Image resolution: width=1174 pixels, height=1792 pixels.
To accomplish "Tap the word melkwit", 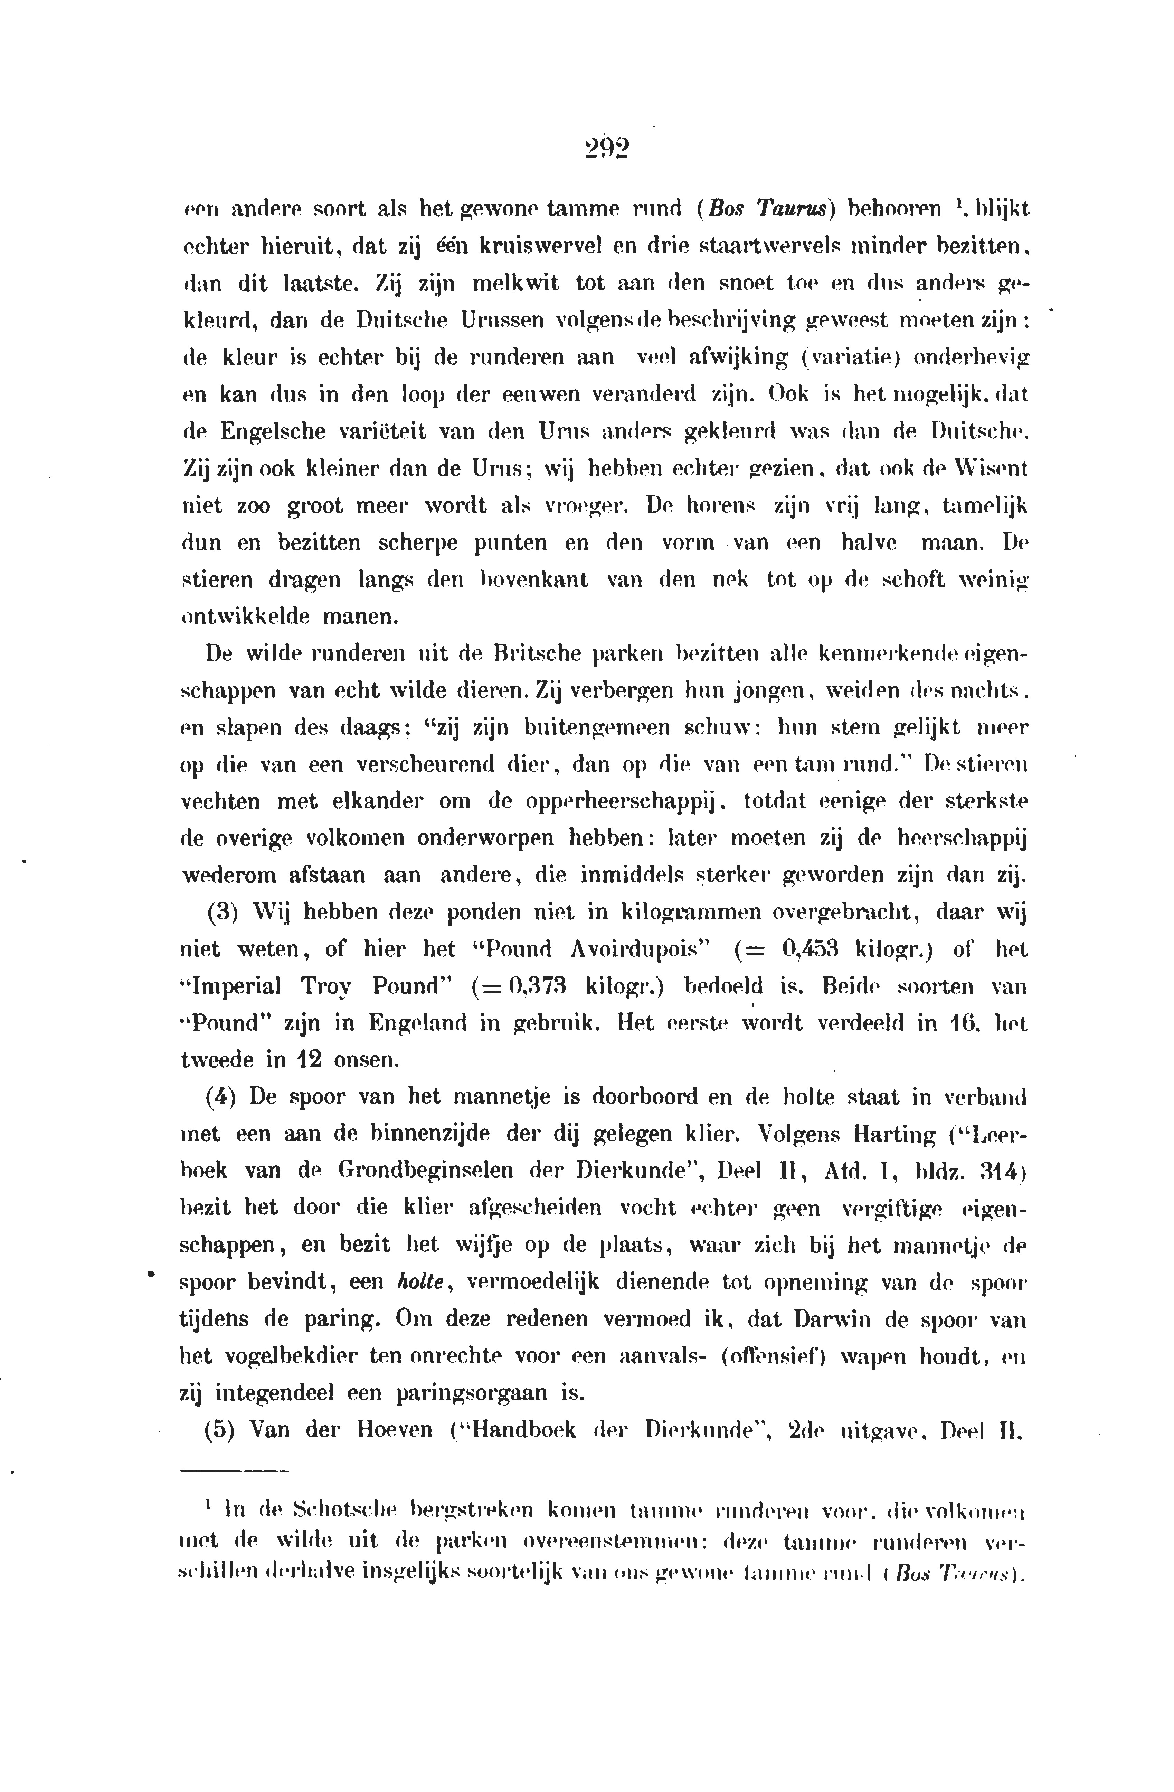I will (x=516, y=284).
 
